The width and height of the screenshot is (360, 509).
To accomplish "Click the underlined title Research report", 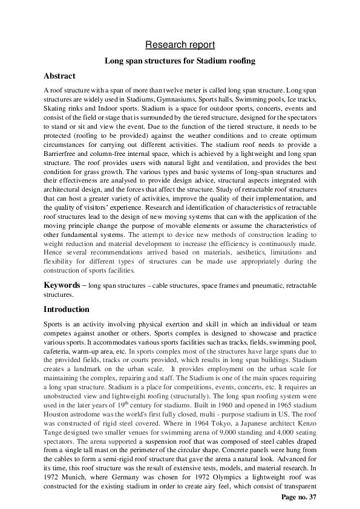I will pos(180,45).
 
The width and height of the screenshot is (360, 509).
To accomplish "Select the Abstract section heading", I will pos(59,76).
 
